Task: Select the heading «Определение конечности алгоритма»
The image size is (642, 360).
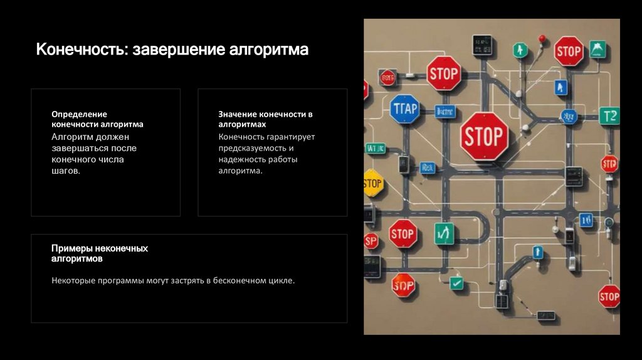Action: (97, 119)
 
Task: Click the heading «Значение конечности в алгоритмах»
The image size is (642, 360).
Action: (265, 119)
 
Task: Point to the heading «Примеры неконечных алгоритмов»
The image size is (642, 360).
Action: (100, 253)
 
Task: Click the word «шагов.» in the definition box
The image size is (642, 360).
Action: (66, 171)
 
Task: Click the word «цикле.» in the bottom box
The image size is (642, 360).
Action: (280, 280)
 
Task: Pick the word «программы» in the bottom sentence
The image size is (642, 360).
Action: (122, 280)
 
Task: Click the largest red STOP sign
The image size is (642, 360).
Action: (484, 136)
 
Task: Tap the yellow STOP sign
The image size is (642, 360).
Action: (372, 183)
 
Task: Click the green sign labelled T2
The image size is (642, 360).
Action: (609, 116)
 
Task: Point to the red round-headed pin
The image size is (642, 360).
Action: (542, 40)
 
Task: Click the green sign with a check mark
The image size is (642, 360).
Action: (457, 283)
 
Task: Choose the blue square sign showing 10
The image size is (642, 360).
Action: (586, 220)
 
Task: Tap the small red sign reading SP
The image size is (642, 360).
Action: (371, 241)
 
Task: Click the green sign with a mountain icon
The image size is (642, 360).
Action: (597, 50)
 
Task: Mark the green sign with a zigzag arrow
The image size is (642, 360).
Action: (444, 233)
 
